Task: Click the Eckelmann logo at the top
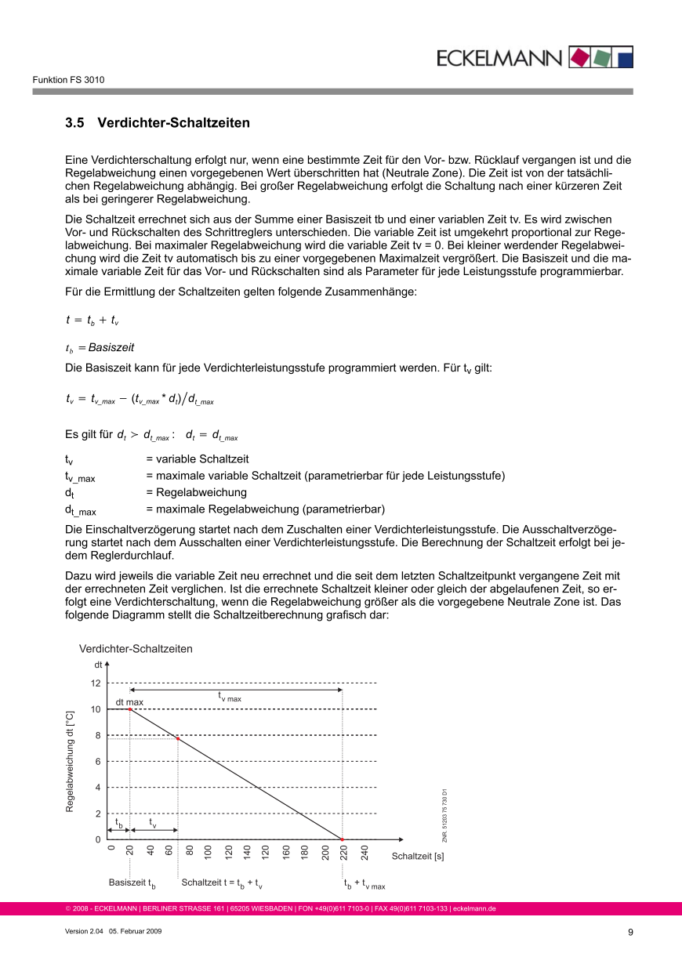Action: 534,57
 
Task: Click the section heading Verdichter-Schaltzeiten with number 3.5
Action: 158,123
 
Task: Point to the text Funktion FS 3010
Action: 68,80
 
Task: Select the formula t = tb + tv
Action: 92,321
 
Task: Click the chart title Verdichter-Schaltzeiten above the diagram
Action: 136,649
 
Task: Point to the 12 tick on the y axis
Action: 96,683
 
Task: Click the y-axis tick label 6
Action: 97,762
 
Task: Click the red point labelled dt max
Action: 129,709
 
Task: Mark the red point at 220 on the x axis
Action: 343,839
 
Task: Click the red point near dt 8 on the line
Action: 178,739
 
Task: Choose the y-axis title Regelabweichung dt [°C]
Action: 70,761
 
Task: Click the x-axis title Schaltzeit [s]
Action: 418,856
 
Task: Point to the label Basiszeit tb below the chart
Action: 132,883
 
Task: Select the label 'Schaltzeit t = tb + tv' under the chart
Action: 222,883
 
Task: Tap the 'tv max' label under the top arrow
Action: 230,696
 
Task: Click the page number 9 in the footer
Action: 630,932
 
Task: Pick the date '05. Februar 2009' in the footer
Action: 135,930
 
